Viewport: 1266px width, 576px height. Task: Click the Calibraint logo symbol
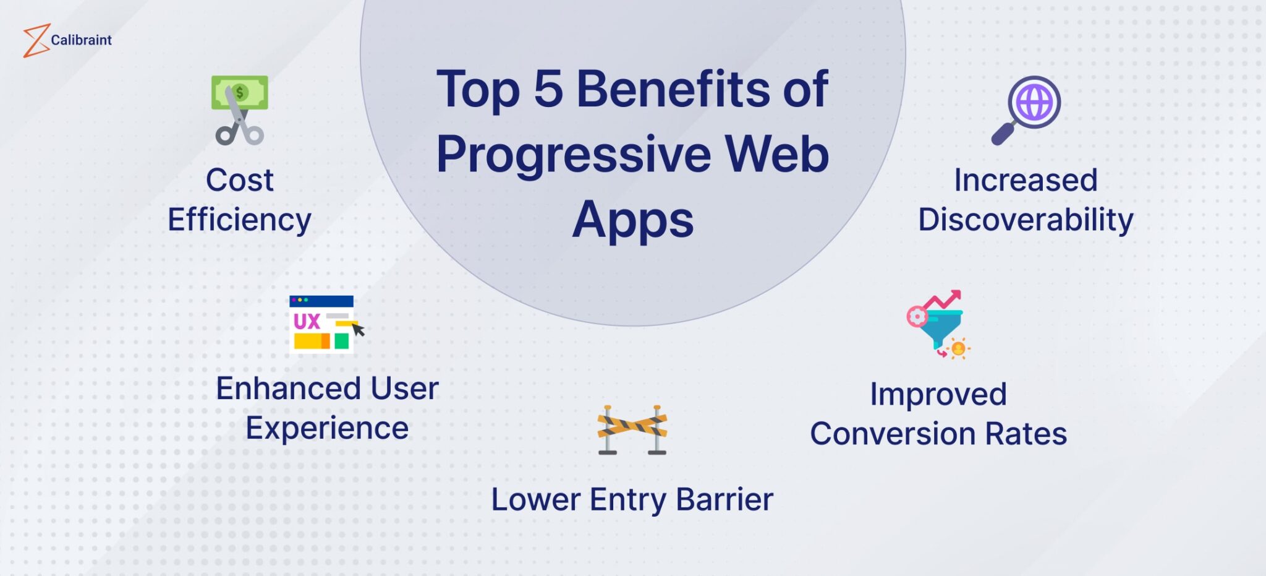pyautogui.click(x=36, y=41)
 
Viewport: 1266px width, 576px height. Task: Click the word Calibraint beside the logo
pyautogui.click(x=81, y=40)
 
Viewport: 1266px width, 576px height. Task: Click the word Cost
pyautogui.click(x=239, y=181)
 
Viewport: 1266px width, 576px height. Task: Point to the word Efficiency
pyautogui.click(x=239, y=220)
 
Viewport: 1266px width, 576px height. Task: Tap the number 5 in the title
pyautogui.click(x=548, y=90)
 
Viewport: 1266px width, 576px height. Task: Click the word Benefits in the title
pyautogui.click(x=673, y=90)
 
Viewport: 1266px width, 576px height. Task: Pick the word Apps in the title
pyautogui.click(x=632, y=220)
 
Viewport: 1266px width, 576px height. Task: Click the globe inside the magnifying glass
pyautogui.click(x=1034, y=102)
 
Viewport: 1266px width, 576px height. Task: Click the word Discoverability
pyautogui.click(x=1026, y=220)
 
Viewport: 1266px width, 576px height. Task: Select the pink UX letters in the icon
pyautogui.click(x=307, y=321)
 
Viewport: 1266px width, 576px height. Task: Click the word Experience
pyautogui.click(x=327, y=429)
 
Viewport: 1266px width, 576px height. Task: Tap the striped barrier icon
pyautogui.click(x=632, y=429)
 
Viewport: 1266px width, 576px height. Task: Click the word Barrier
pyautogui.click(x=724, y=500)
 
